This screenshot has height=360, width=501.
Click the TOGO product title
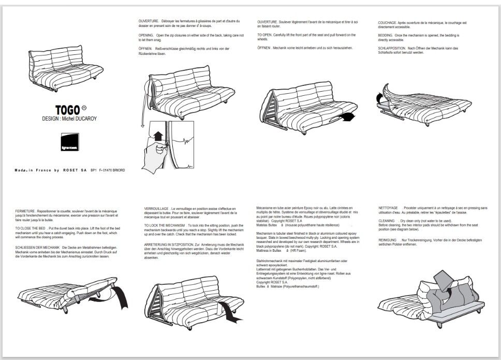tap(68, 110)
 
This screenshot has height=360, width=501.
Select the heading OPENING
tap(146, 35)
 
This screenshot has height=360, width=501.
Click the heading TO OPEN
tap(265, 35)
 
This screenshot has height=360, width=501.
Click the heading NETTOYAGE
tap(388, 207)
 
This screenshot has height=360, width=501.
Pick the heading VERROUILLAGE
tap(156, 208)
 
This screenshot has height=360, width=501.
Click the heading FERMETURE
tap(25, 211)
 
